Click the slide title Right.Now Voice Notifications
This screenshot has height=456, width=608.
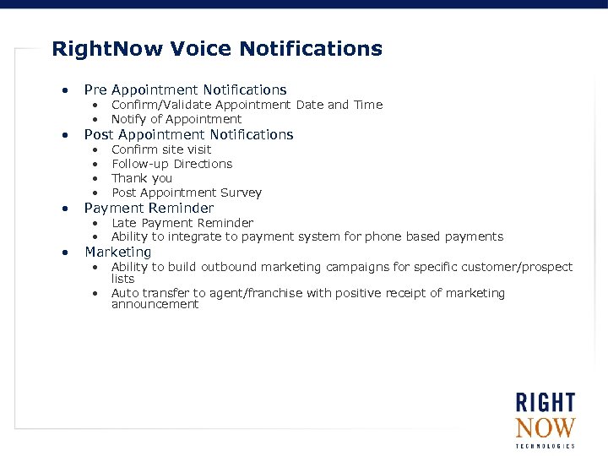[x=217, y=49]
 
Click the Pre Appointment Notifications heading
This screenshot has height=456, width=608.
[x=185, y=90]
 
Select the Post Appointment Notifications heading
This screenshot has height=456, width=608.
[x=188, y=134]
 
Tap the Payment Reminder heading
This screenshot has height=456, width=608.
[x=149, y=208]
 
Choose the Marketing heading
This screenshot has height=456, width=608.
[x=117, y=252]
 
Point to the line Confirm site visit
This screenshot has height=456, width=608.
[x=161, y=149]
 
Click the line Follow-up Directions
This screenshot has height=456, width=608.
[x=171, y=164]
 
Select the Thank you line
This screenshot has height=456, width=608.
[x=142, y=178]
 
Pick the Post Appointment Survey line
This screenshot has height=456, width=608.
[x=187, y=193]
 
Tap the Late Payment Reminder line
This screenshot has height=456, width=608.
[x=182, y=223]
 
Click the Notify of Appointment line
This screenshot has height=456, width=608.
[x=176, y=119]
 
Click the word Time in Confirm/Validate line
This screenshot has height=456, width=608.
[x=367, y=105]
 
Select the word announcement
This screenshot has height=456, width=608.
[x=155, y=304]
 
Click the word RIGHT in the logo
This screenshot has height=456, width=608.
[x=546, y=403]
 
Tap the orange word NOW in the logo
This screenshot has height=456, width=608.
[x=546, y=427]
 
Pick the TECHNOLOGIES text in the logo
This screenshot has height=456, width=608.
[x=546, y=446]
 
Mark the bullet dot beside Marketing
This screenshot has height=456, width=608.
[x=63, y=252]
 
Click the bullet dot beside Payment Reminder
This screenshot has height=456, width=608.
[x=63, y=209]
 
